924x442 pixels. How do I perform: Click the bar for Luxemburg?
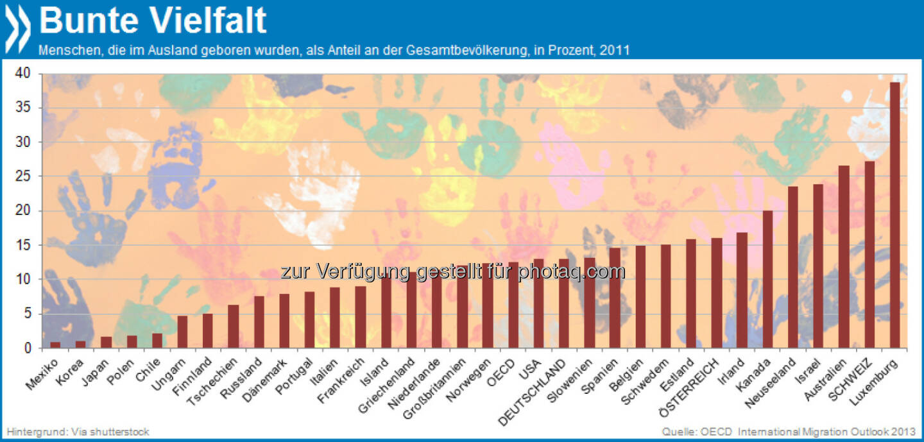895,216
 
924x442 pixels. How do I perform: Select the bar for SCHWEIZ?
869,255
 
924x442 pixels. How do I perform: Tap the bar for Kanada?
767,279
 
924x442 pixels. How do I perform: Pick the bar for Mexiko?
55,345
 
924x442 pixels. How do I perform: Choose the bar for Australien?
844,257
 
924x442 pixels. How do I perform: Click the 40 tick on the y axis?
23,74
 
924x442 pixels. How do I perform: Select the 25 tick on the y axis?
23,176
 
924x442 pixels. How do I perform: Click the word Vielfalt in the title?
210,21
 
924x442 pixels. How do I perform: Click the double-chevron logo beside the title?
18,29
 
